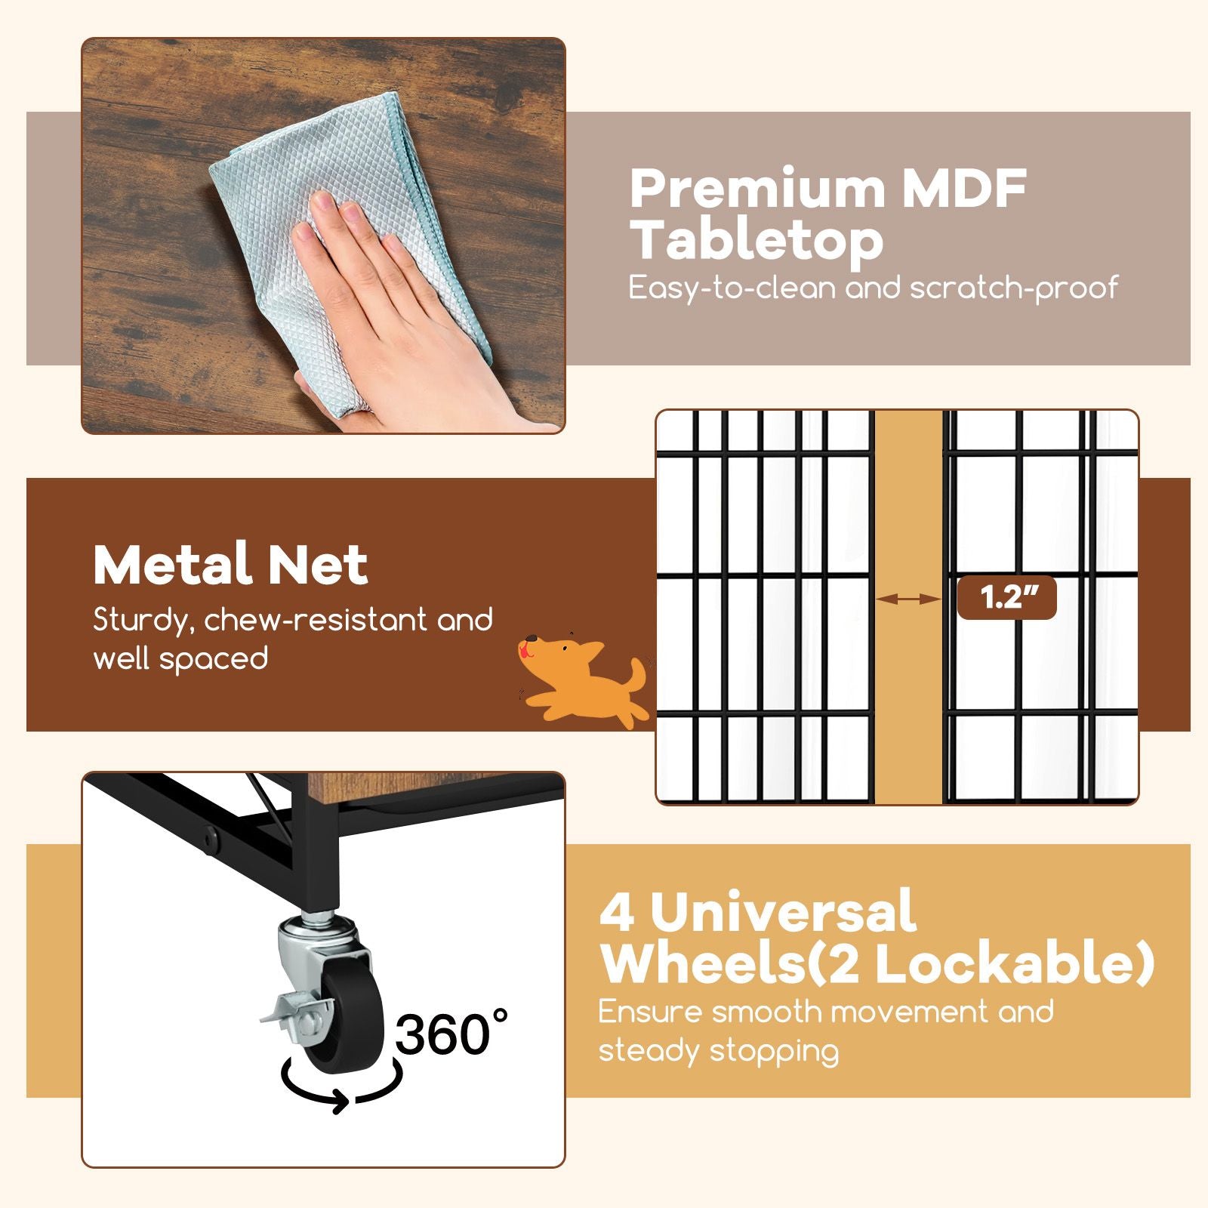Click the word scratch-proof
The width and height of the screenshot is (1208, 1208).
click(x=1013, y=288)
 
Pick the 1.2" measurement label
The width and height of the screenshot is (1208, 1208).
click(x=1006, y=598)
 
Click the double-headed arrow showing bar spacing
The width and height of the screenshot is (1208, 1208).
click(x=908, y=599)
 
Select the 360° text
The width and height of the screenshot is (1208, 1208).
click(x=451, y=1034)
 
